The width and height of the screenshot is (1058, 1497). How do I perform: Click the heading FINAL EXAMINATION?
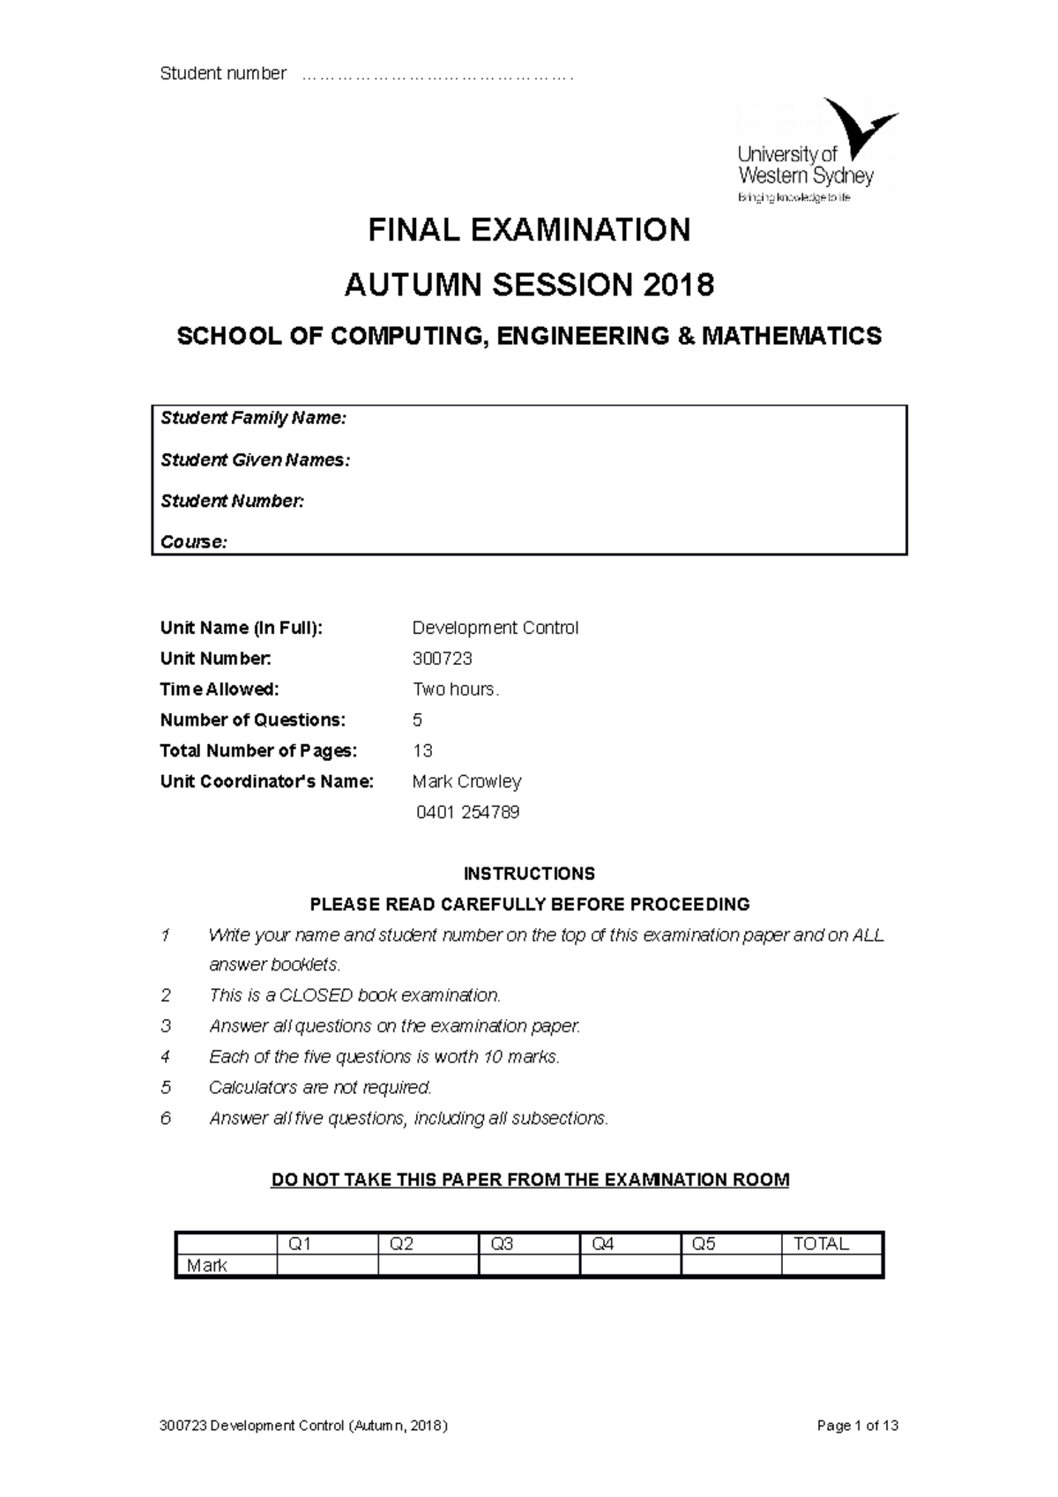tap(529, 230)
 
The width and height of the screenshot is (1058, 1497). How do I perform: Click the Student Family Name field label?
tap(253, 418)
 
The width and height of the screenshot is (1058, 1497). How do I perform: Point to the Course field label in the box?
tap(193, 541)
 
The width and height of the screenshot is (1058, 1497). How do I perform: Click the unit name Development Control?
tap(495, 628)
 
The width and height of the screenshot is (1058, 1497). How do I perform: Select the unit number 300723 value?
tap(443, 659)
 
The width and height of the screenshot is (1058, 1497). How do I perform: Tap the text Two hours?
tap(456, 689)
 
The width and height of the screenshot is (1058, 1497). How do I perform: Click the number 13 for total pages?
tap(422, 751)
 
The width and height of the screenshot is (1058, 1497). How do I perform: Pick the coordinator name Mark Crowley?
tap(467, 782)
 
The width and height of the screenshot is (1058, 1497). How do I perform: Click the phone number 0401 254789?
tap(467, 813)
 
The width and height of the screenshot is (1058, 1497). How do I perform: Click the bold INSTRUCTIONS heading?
tap(529, 874)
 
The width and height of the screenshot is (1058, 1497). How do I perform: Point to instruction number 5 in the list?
tap(166, 1087)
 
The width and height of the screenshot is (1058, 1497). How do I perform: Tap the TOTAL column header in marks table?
tap(821, 1244)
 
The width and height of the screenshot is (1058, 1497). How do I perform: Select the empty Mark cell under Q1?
tap(327, 1265)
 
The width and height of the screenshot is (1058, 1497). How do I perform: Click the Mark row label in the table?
tap(207, 1266)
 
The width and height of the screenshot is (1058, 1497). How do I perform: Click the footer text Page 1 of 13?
tap(858, 1426)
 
